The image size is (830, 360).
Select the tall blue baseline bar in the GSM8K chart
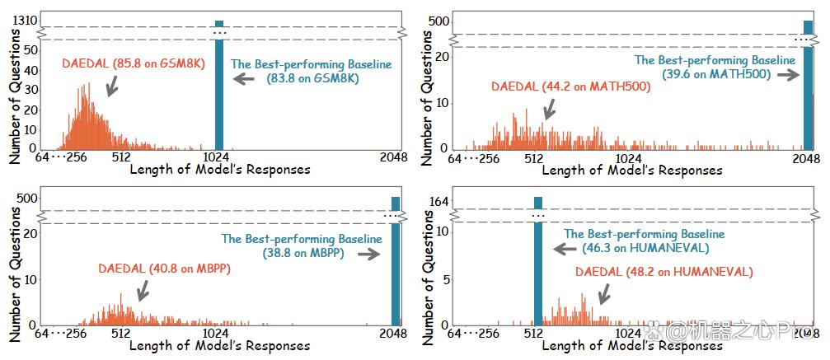218,85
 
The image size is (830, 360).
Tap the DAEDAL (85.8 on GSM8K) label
134,63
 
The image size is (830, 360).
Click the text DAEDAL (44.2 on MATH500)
570,86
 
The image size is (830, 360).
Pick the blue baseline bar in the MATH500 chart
809,85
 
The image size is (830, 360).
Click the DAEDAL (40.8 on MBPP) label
165,269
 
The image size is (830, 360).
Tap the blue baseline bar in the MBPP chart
396,261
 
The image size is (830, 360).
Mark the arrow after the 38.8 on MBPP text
369,255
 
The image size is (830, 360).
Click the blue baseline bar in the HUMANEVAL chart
537,261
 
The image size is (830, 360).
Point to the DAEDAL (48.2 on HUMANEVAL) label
664,272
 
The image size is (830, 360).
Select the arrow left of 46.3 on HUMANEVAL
564,249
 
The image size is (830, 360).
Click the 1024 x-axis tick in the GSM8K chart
215,157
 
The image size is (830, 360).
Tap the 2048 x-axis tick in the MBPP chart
394,334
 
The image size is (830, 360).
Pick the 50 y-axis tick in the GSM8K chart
32,49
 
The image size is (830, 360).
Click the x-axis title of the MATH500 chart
632,170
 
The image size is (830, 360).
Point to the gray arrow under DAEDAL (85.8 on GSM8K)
112,86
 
